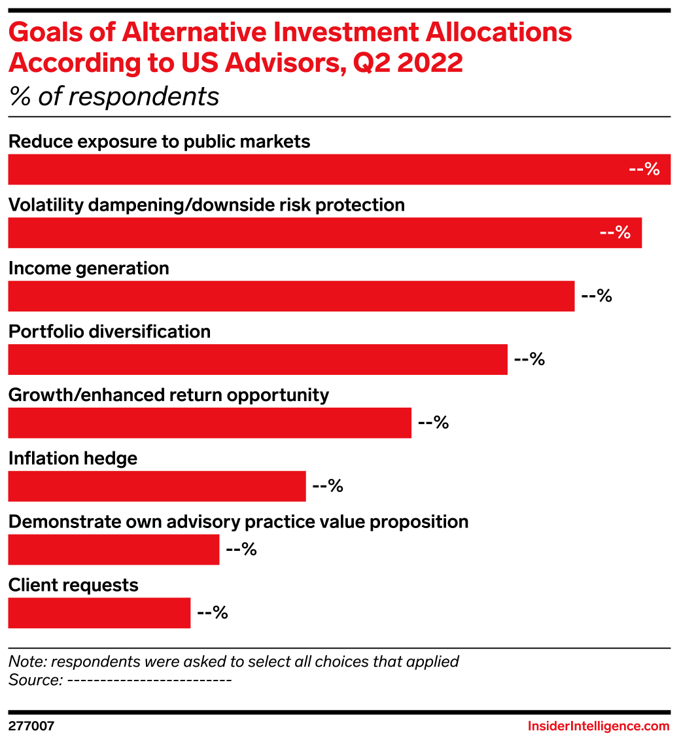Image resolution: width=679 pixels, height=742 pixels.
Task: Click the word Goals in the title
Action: click(x=43, y=33)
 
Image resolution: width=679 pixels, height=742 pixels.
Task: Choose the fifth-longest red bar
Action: click(x=209, y=423)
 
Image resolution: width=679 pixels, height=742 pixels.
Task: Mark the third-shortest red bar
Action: click(x=156, y=486)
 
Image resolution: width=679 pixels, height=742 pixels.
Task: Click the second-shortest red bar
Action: click(x=113, y=550)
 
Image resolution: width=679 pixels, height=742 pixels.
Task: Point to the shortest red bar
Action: click(x=99, y=613)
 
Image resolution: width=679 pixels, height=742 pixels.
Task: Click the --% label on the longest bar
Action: click(x=644, y=169)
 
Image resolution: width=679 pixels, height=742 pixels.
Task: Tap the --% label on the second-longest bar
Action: click(x=615, y=233)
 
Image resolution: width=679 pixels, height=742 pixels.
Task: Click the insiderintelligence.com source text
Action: click(x=599, y=726)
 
